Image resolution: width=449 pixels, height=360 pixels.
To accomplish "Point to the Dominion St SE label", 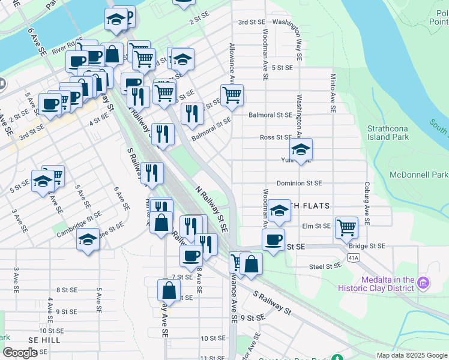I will tap(299, 183).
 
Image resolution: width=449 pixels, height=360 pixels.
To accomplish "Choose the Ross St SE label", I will tap(276, 137).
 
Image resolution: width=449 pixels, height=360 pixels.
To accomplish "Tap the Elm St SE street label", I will tap(316, 226).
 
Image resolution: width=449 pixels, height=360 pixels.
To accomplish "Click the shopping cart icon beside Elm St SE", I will tap(346, 227).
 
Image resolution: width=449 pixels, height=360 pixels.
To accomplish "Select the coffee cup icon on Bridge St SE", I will tap(273, 239).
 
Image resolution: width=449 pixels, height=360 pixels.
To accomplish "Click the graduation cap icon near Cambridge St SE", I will tap(88, 239).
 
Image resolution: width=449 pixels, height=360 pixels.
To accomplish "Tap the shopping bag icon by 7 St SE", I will tap(169, 290).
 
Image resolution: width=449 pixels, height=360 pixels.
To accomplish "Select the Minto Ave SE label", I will tap(333, 93).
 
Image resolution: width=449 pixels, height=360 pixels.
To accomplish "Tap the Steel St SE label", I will tap(325, 266).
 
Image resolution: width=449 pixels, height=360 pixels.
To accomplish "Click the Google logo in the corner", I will tap(20, 353).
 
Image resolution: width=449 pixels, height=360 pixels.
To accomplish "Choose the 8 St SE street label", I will tap(64, 290).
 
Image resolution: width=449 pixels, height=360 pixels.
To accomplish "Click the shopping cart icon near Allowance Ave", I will tap(232, 94).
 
